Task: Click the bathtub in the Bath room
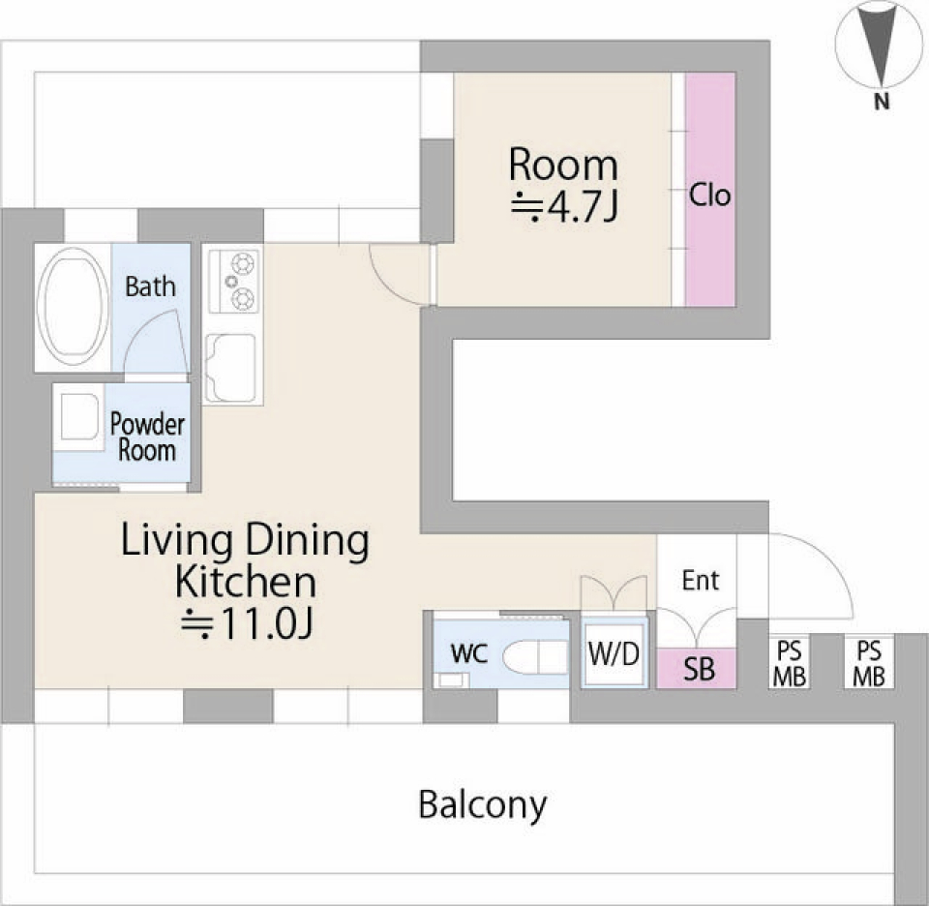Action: [73, 306]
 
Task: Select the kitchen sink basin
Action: [231, 368]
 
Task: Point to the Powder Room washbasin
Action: [78, 416]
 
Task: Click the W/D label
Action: [614, 654]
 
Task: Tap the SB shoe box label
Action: [699, 670]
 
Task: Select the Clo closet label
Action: [709, 195]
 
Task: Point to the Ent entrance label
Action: [701, 580]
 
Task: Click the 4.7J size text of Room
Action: [564, 207]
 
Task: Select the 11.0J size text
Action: [247, 624]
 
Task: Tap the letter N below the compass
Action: [882, 102]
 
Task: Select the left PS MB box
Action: [790, 664]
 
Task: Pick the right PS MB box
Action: [869, 664]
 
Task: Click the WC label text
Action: [468, 653]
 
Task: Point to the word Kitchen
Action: [245, 582]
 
